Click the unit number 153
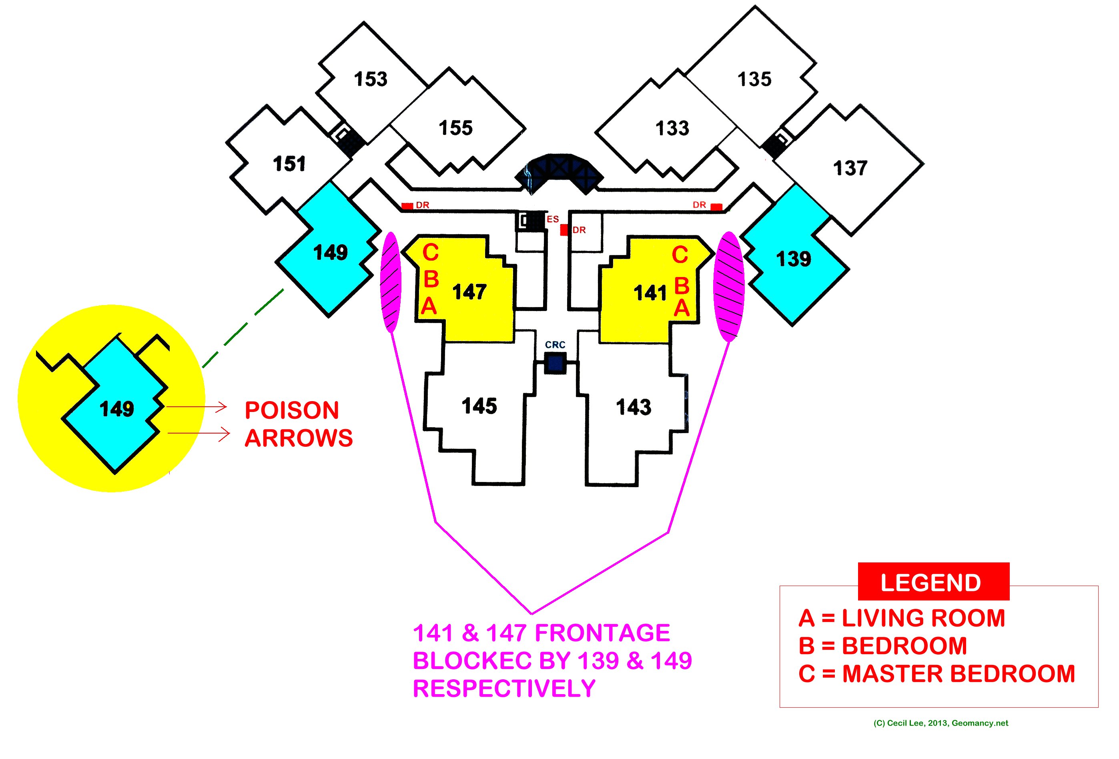click(370, 79)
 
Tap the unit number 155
click(455, 128)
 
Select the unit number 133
click(672, 129)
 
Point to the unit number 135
click(754, 79)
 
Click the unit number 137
click(850, 168)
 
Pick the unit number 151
click(289, 164)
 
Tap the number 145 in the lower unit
click(479, 406)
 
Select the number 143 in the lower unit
click(633, 407)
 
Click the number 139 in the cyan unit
click(794, 259)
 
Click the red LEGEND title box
click(933, 582)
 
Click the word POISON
click(292, 410)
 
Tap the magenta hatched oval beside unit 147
click(391, 282)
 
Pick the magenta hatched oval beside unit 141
click(730, 287)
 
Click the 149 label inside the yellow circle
click(116, 409)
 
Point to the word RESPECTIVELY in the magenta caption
click(504, 689)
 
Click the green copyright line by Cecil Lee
click(941, 723)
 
